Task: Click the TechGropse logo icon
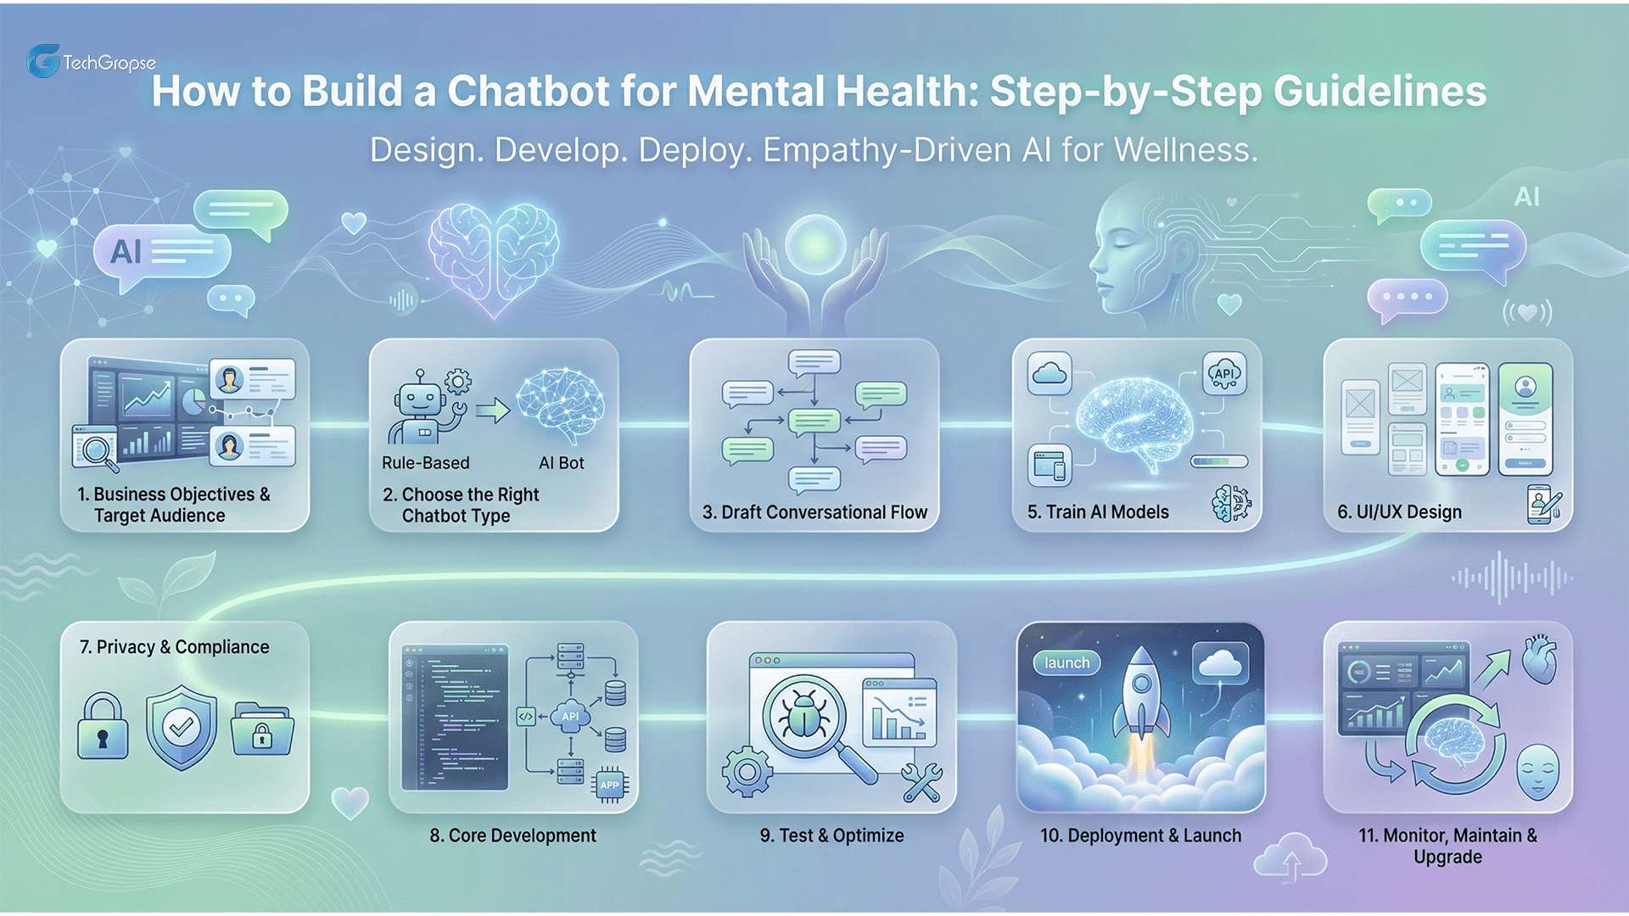point(43,61)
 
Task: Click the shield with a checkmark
point(181,727)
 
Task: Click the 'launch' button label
point(1066,662)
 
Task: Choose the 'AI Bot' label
point(561,463)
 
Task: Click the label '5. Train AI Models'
point(1098,512)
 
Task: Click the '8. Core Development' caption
point(512,835)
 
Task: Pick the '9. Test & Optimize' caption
point(831,835)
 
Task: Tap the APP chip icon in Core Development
point(610,785)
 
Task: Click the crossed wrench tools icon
point(921,781)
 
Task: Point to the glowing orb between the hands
point(815,244)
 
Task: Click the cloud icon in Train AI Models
point(1050,373)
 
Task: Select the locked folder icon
point(262,729)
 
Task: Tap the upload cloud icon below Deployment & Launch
point(1290,858)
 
